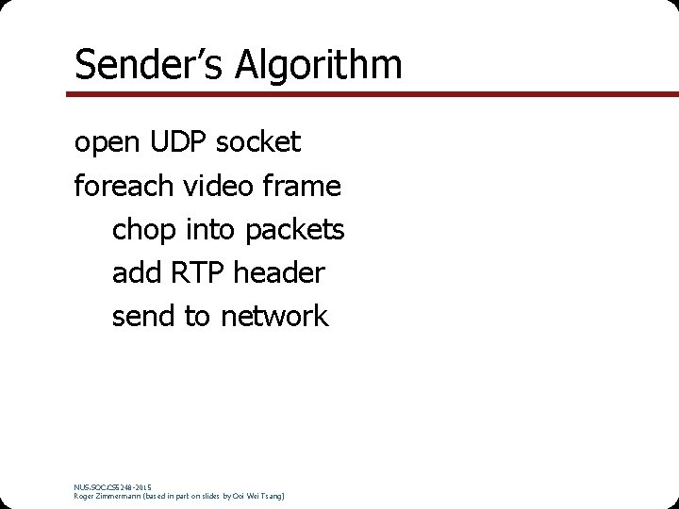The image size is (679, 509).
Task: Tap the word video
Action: (218, 186)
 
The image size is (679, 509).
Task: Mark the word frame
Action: (302, 186)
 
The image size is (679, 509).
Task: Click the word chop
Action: (144, 229)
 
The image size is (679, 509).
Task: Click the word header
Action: (279, 272)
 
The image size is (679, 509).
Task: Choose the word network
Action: (274, 316)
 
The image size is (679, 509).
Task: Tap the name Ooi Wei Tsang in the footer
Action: (259, 495)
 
